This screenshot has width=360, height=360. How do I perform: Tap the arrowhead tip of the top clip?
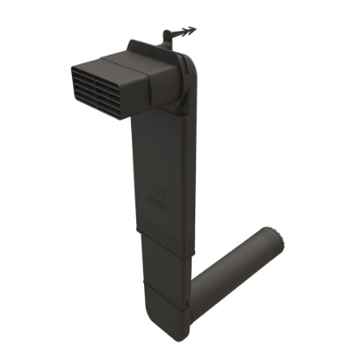[x=194, y=29]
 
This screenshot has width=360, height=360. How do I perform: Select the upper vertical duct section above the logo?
[x=165, y=147]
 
